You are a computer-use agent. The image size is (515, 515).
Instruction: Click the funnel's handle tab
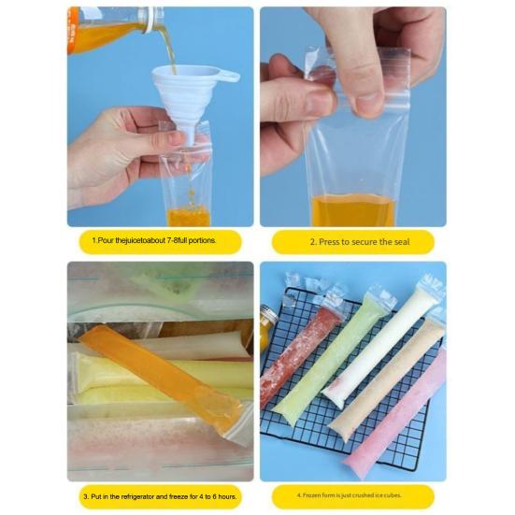[x=226, y=77]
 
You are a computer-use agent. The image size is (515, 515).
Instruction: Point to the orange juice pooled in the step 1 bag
[x=188, y=215]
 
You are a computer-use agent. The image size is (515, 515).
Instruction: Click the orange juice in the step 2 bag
[x=352, y=210]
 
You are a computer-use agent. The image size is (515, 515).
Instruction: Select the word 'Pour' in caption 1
[x=106, y=240]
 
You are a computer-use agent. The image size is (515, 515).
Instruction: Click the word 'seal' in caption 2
[x=402, y=242]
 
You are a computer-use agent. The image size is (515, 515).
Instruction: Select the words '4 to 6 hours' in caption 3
[x=218, y=496]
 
